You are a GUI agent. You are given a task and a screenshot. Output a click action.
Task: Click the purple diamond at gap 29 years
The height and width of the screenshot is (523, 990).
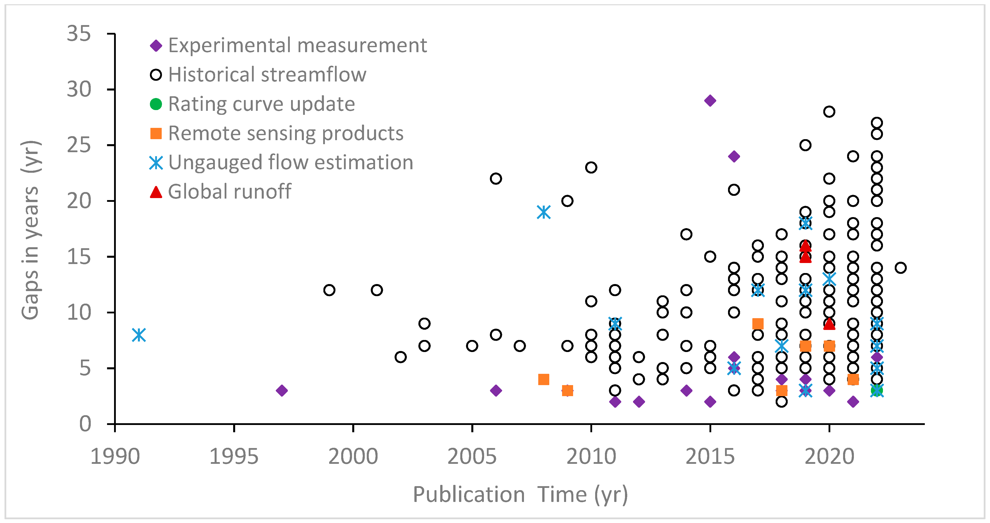pyautogui.click(x=710, y=101)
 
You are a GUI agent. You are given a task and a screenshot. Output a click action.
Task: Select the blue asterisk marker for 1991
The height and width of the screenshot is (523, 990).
pyautogui.click(x=139, y=335)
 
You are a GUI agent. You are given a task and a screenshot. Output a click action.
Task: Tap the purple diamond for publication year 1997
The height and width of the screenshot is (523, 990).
pyautogui.click(x=282, y=390)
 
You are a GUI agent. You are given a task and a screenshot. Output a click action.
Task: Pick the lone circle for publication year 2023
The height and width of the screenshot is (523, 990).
pyautogui.click(x=901, y=268)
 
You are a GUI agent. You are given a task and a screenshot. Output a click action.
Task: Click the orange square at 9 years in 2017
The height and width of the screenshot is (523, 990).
pyautogui.click(x=758, y=324)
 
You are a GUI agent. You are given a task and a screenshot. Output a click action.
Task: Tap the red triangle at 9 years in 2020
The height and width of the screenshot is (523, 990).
pyautogui.click(x=829, y=324)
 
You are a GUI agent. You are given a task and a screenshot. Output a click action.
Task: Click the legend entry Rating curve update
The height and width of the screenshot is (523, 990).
pyautogui.click(x=261, y=104)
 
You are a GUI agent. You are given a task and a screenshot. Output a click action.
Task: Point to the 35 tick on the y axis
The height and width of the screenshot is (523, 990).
pyautogui.click(x=79, y=34)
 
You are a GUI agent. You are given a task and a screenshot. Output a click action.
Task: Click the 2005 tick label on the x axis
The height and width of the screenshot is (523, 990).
pyautogui.click(x=472, y=457)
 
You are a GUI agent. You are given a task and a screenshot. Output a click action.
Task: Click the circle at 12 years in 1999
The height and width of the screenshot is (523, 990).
pyautogui.click(x=329, y=290)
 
